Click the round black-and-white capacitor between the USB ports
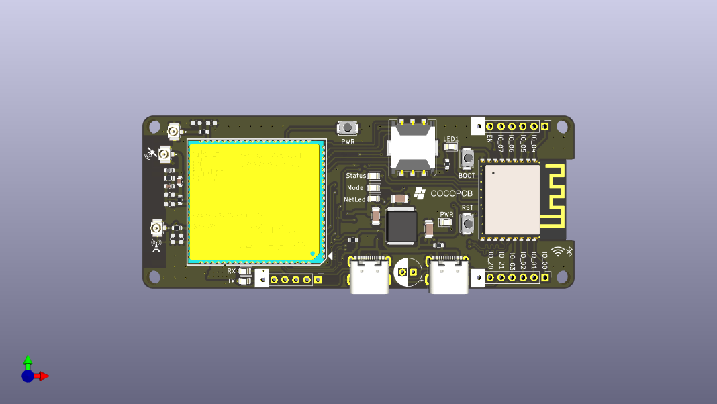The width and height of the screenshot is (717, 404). tap(407, 272)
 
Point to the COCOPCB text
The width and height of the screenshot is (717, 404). tap(451, 193)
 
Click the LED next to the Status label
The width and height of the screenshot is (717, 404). tap(375, 176)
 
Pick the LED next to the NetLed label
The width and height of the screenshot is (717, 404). tap(375, 199)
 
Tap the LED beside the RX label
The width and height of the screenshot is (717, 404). tap(245, 271)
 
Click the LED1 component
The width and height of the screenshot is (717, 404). tap(450, 146)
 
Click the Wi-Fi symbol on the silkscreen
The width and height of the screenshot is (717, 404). tap(557, 252)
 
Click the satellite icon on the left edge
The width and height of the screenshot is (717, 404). tap(151, 154)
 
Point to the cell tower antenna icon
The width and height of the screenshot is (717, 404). tap(156, 244)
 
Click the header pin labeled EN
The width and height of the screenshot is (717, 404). tap(489, 126)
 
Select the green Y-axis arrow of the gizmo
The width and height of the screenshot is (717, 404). tap(28, 362)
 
